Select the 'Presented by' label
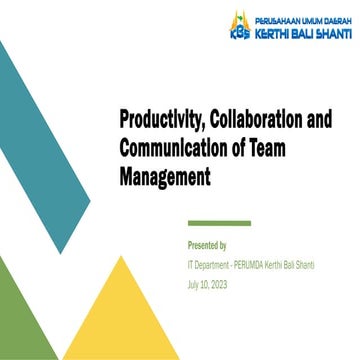tap(207, 245)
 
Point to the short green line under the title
tap(219, 222)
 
